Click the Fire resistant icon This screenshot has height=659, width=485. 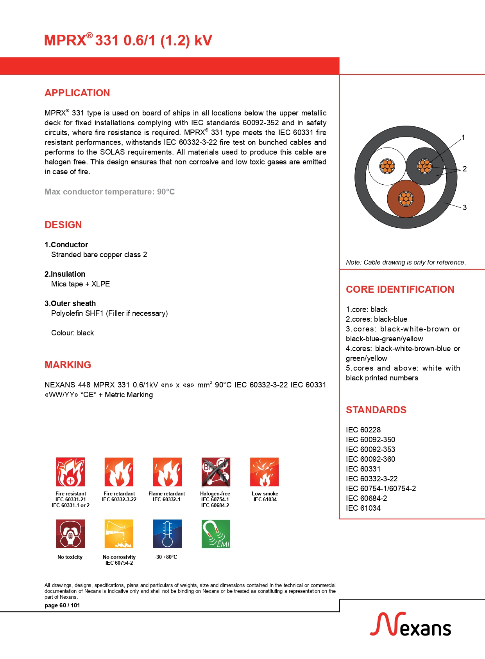tap(70, 472)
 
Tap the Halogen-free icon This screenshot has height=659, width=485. tap(215, 472)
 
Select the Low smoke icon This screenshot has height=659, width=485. tap(264, 472)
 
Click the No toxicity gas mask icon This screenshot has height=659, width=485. tap(70, 534)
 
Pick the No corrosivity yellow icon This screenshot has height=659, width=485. tap(119, 534)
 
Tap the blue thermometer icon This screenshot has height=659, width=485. tap(167, 534)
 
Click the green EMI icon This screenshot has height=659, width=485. tap(216, 534)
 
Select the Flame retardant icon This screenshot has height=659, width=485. tap(167, 472)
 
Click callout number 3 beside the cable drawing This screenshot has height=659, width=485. tap(465, 207)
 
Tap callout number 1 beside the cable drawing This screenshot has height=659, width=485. tap(463, 138)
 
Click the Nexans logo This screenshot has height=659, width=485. tap(410, 625)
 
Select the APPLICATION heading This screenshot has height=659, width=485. tap(77, 93)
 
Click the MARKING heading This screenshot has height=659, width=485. tap(68, 365)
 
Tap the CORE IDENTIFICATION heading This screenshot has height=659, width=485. tap(400, 289)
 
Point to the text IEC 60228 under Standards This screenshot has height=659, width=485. tap(363, 430)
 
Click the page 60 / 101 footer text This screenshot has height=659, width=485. tap(62, 605)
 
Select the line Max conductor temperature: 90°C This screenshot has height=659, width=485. tap(109, 192)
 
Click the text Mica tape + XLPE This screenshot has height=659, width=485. tap(81, 284)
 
